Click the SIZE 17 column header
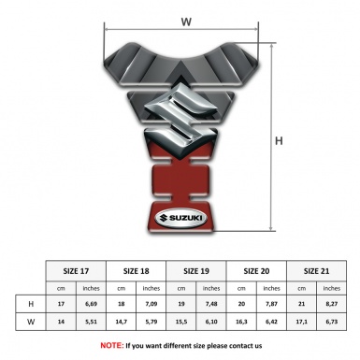77,270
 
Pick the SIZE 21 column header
317,270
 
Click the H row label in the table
31,305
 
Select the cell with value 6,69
92,305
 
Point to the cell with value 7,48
212,305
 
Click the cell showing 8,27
332,305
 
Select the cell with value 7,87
272,305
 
